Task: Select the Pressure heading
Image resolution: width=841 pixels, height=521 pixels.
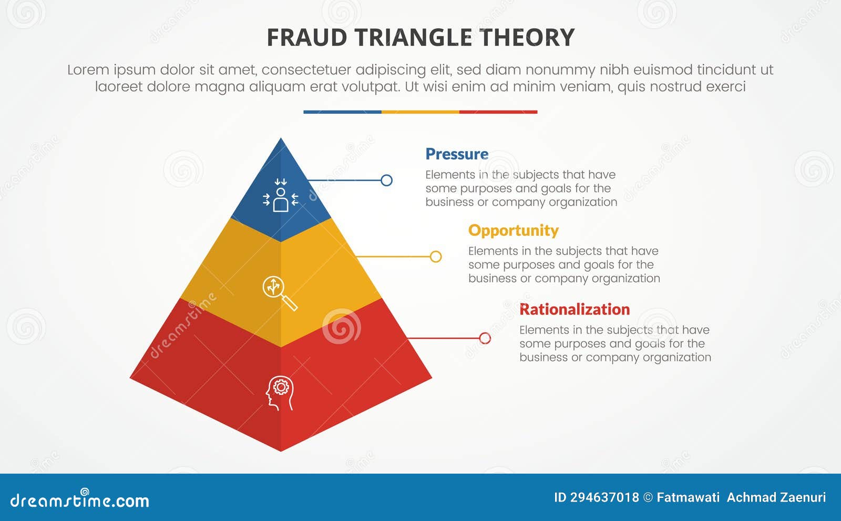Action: coord(456,154)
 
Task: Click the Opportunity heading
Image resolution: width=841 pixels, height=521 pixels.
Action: coord(513,231)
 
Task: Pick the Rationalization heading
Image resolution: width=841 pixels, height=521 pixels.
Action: coord(574,309)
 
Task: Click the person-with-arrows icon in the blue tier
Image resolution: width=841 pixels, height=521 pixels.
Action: coord(281,195)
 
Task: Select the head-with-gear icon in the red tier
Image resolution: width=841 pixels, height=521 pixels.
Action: coord(280,393)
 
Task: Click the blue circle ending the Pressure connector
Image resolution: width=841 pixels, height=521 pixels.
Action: coord(386,181)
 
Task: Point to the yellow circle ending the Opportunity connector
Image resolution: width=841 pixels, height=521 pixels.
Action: coord(436,257)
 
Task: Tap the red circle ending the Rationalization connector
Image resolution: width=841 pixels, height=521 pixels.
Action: coord(485,338)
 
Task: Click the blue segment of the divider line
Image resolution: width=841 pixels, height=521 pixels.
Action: coord(342,112)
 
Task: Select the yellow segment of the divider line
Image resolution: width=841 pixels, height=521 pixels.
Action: coord(420,112)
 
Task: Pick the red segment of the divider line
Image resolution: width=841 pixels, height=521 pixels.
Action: coord(498,112)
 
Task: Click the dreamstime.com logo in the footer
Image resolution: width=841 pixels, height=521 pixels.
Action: coord(79,499)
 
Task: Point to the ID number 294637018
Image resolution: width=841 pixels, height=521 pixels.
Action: coord(604,497)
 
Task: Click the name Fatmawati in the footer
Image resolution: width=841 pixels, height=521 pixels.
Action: coord(688,497)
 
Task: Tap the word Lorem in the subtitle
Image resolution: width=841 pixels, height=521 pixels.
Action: coord(88,70)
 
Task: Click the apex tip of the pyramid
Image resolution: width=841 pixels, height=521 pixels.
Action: coord(281,139)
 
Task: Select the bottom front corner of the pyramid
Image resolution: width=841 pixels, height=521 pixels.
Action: coord(281,450)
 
